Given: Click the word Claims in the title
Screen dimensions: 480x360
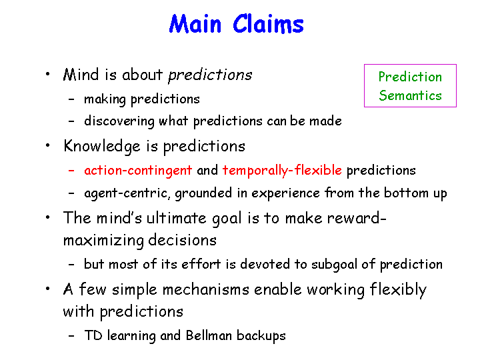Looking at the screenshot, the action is pos(268,24).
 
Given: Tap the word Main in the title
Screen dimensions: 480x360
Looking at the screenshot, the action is pos(195,24).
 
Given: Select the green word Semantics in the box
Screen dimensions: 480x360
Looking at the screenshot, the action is pos(410,95).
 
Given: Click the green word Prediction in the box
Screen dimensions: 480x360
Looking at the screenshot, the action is pos(410,77).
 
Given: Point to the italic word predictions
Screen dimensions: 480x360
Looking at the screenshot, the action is pos(210,75).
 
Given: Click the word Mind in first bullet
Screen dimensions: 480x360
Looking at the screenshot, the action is pos(81,75).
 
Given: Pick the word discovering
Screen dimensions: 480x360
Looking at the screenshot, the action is pos(119,121).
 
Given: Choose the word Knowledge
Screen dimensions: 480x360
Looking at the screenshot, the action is pos(102,146).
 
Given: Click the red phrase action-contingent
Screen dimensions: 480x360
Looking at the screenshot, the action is pos(138,171).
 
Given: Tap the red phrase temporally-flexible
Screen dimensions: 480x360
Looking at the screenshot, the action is pos(282,171).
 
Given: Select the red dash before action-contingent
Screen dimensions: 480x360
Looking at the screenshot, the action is pos(71,171).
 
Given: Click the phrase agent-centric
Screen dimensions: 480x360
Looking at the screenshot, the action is pos(127,193).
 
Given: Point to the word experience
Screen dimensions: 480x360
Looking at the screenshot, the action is pos(285,193).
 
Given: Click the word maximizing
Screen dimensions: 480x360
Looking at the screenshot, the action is pos(103,241).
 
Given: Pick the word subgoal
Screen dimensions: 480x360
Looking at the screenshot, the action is pos(334,265).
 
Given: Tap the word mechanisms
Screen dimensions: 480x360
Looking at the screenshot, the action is pos(206,289).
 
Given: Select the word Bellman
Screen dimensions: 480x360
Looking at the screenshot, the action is pos(209,335).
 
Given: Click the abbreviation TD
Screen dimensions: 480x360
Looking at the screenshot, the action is pos(93,335).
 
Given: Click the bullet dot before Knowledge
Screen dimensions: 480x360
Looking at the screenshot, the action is pos(47,145).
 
